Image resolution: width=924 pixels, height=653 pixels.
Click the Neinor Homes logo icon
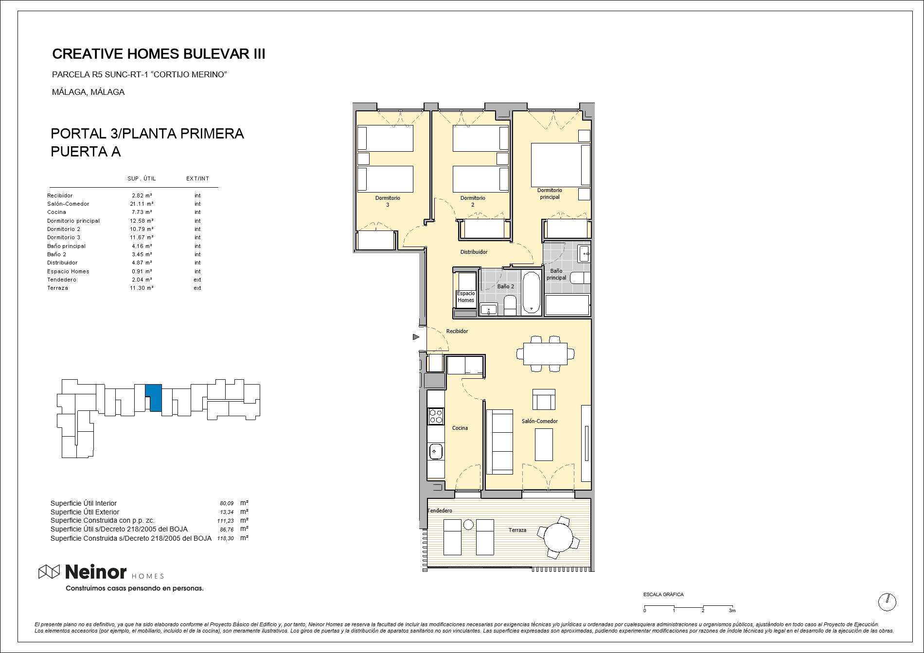[x=49, y=572]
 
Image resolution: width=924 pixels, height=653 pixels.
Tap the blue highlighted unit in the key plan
[x=155, y=398]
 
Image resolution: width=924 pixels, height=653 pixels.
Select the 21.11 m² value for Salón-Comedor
[x=142, y=204]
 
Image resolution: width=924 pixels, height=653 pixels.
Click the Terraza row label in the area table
[x=57, y=288]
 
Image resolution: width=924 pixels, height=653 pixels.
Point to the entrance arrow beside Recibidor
[x=416, y=337]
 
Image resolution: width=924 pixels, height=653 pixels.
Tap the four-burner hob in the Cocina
[x=436, y=416]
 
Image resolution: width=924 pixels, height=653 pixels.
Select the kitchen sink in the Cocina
[x=436, y=452]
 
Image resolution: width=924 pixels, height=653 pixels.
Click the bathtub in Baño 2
[x=531, y=292]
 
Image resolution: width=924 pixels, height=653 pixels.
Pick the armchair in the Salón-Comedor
[x=544, y=399]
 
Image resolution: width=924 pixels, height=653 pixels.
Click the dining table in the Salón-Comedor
[x=545, y=354]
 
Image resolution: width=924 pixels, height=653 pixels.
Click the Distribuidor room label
[x=474, y=252]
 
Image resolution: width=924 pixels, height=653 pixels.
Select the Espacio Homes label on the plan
[x=466, y=297]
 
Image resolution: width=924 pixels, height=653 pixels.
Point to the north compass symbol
[x=887, y=602]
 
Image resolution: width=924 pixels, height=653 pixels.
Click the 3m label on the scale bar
[x=732, y=611]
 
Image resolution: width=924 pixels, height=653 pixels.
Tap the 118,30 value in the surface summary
[x=226, y=538]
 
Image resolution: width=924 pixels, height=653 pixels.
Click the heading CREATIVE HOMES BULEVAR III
[x=159, y=54]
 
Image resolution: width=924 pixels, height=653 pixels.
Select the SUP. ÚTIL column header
[x=142, y=178]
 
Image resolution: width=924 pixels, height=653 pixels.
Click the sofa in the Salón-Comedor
[x=500, y=441]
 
